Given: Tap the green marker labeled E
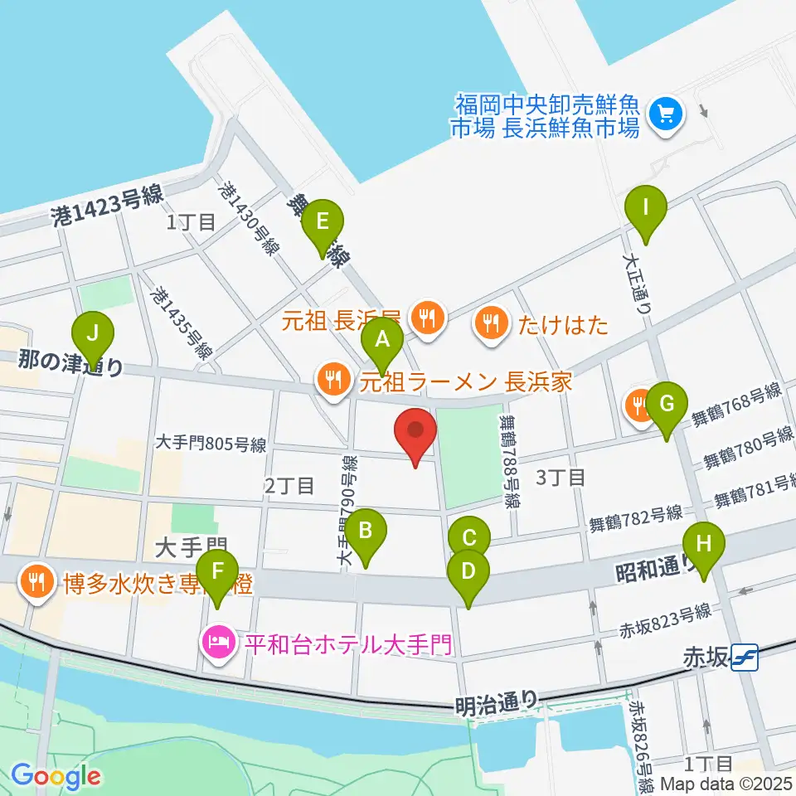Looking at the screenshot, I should pyautogui.click(x=323, y=221).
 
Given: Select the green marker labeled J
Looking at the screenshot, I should pyautogui.click(x=93, y=334).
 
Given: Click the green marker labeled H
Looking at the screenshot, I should pyautogui.click(x=703, y=546).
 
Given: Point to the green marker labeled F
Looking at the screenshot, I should pyautogui.click(x=218, y=571).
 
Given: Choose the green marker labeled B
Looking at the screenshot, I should pyautogui.click(x=366, y=530).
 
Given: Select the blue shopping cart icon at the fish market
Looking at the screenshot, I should pyautogui.click(x=665, y=114).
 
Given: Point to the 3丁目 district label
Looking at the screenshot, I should pyautogui.click(x=561, y=477).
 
